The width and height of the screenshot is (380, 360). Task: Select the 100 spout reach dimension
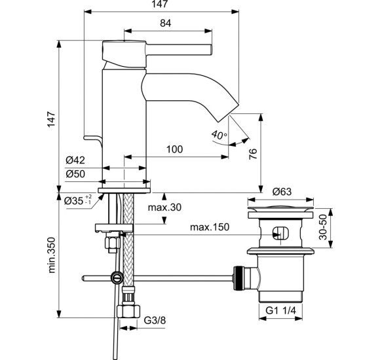coord(174,149)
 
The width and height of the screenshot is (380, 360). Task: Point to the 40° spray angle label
coord(218,135)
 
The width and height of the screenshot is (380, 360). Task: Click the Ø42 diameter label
coord(76,160)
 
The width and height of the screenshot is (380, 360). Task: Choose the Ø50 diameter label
coord(76,173)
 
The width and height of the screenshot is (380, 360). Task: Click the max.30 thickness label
coord(164,207)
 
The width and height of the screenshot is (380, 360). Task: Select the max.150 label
coord(210,227)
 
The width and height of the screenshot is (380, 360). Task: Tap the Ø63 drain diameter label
coord(283,192)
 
